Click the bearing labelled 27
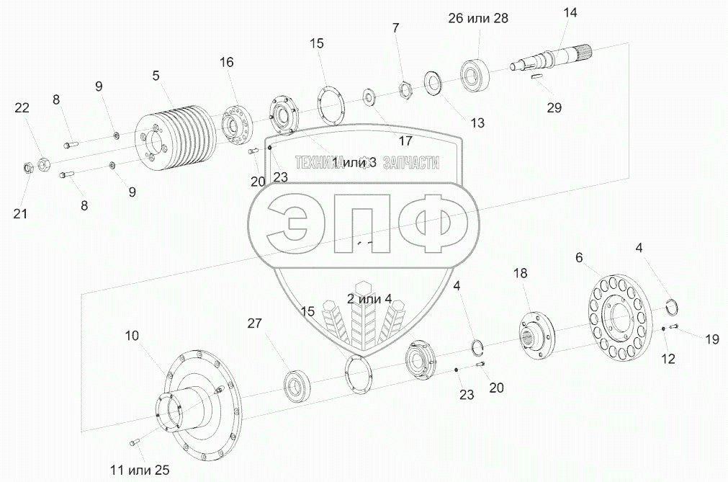tap(296, 383)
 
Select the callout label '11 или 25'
tap(140, 470)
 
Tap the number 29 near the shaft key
tap(553, 108)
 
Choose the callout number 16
tap(227, 63)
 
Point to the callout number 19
tap(711, 339)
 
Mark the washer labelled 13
tap(433, 81)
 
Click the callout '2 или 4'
tap(369, 299)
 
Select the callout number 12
tap(668, 357)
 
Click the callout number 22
tap(22, 108)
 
